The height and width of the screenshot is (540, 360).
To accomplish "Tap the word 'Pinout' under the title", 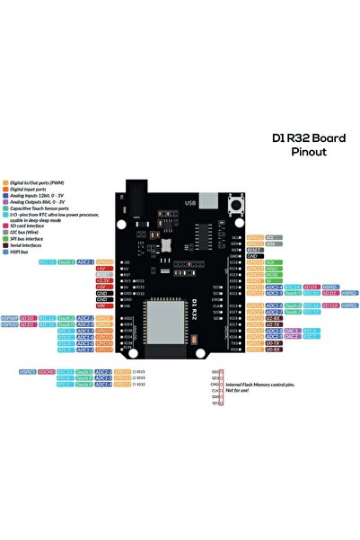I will coord(309,153).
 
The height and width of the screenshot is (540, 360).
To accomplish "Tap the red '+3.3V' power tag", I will coord(101,280).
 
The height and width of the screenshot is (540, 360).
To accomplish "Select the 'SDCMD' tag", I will coord(47,370).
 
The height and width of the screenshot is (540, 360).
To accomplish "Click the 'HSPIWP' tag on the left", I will coord(9,317).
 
